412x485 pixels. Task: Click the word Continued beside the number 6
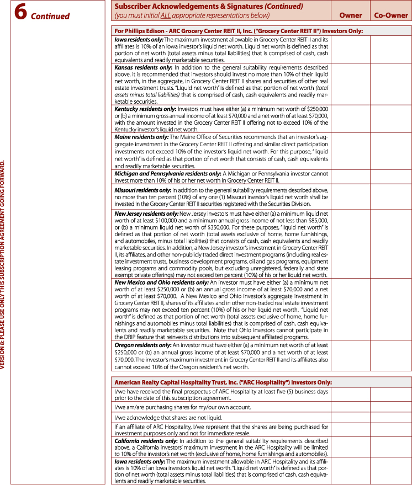click(50, 16)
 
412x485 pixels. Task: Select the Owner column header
click(350, 15)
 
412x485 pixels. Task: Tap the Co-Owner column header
click(391, 15)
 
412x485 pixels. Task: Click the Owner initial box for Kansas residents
click(350, 84)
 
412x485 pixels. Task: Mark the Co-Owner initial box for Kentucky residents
click(391, 119)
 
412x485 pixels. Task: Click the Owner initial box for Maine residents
click(350, 151)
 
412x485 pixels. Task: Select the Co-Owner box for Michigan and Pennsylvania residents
click(391, 177)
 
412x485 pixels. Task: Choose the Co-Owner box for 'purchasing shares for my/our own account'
click(391, 407)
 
